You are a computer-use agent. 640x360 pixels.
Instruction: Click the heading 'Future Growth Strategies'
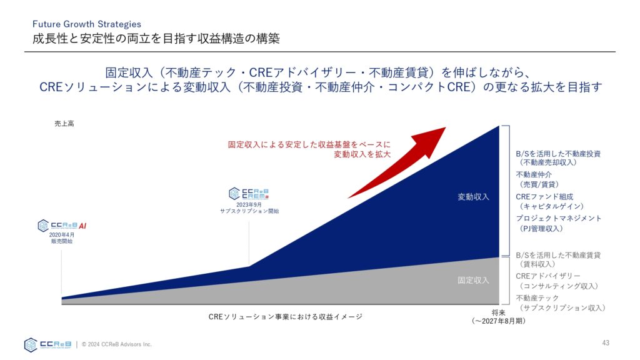coord(86,24)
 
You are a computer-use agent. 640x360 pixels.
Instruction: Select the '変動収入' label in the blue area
coord(473,197)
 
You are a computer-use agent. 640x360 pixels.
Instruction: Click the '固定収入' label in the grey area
coord(473,281)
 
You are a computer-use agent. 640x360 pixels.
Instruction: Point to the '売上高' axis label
coord(64,124)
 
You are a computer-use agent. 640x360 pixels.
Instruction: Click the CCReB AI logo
coord(62,226)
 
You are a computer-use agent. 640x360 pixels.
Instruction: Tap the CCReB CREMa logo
coord(249,194)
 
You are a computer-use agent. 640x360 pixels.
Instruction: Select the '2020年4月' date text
coord(62,235)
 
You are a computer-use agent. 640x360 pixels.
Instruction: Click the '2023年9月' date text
coord(249,204)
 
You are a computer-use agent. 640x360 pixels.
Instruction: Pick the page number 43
coord(606,343)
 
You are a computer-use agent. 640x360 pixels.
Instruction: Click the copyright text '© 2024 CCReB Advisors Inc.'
coord(117,344)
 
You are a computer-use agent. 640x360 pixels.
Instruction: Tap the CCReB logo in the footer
coord(47,345)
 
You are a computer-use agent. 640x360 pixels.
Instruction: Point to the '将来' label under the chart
coord(498,312)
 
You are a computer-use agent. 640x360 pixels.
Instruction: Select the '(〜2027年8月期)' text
coord(498,321)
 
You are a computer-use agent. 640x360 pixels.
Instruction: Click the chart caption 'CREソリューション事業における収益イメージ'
coord(285,317)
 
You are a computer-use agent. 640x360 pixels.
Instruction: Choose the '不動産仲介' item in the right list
coord(534,175)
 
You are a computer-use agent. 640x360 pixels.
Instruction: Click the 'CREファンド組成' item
coord(544,197)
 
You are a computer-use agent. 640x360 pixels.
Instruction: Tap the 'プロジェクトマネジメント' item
coord(558,218)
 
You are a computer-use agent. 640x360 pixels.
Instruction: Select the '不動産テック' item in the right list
coord(537,298)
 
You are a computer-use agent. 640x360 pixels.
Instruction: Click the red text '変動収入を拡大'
coord(362,154)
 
